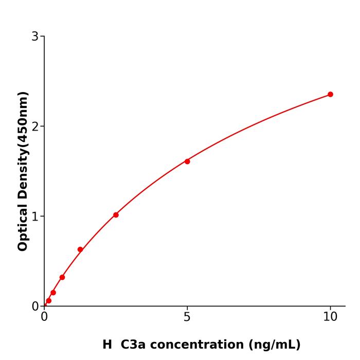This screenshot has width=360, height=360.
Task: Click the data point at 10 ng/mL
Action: [330, 94]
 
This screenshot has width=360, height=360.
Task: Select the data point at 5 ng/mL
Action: [187, 161]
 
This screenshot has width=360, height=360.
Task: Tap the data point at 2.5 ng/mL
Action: [116, 215]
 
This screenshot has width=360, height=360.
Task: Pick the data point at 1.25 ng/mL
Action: [80, 249]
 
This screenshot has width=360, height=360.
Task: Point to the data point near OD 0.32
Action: [62, 277]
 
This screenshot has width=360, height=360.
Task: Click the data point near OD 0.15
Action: [53, 293]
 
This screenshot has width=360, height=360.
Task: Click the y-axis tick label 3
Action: [35, 37]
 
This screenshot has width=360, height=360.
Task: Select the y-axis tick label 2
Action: [35, 127]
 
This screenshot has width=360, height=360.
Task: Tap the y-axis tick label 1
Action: [35, 217]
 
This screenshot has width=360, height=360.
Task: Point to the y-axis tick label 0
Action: [35, 307]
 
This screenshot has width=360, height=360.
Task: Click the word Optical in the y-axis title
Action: [23, 228]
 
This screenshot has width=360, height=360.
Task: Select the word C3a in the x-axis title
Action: [134, 345]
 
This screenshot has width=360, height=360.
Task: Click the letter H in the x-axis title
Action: [107, 345]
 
